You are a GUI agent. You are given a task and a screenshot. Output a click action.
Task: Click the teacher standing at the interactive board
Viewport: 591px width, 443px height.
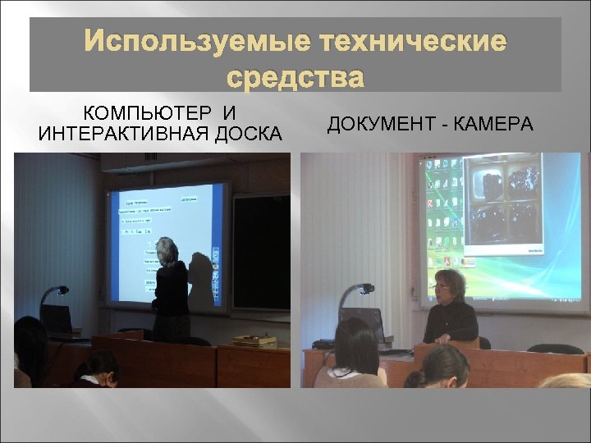[x=172, y=287]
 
